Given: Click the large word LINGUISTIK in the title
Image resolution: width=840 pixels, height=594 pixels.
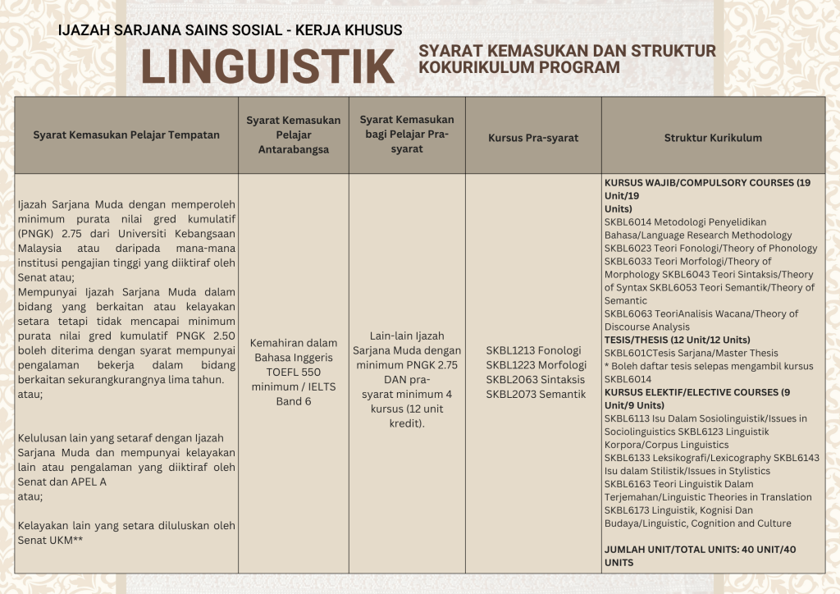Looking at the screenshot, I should (267, 66).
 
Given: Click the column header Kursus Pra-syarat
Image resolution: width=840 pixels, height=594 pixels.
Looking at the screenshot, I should (532, 137).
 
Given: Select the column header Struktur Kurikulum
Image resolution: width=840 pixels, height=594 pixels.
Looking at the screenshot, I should (713, 137).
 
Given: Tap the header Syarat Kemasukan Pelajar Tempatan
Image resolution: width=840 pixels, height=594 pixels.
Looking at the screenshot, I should (126, 135).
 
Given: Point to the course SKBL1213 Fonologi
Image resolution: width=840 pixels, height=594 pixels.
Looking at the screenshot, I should (532, 350).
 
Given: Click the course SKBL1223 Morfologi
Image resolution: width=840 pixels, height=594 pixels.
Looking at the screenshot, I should (536, 365).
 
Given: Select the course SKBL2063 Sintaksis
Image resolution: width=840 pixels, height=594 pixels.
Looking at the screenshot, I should (535, 380).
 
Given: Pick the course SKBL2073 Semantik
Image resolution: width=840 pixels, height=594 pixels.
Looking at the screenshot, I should (536, 395).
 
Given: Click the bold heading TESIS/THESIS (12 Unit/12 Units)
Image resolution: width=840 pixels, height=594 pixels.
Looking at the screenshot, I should (677, 340).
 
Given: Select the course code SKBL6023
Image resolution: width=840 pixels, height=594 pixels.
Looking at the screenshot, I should (628, 248).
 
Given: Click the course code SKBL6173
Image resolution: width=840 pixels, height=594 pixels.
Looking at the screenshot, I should (628, 510).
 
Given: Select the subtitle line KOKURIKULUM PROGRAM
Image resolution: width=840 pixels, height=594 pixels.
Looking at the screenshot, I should (518, 67).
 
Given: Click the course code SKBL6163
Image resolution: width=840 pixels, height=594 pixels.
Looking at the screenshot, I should (628, 484).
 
